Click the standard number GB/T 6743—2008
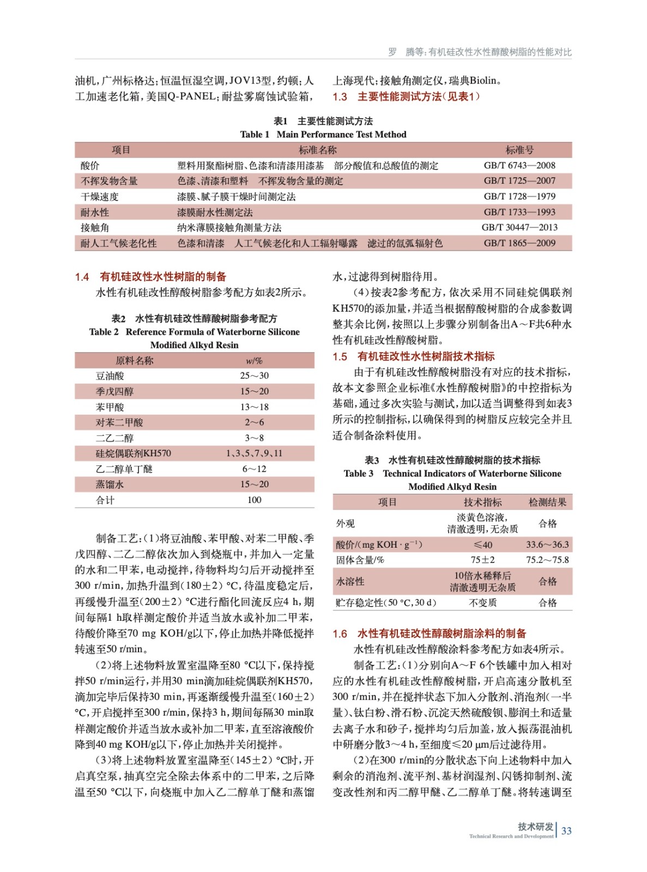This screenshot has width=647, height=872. point(519,166)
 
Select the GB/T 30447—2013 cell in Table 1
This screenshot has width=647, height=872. point(519,227)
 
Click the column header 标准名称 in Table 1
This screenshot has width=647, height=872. point(317,150)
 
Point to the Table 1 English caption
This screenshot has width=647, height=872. point(323,135)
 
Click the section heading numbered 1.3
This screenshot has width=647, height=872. point(406,97)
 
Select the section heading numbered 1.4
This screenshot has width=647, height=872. point(150,277)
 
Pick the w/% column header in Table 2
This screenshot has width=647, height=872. point(254,361)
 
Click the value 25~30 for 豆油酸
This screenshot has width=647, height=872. point(254,376)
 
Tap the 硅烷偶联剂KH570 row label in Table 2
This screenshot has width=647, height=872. point(133,453)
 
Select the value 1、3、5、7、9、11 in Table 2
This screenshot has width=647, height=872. point(254,453)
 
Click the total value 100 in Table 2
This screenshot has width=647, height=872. point(254,500)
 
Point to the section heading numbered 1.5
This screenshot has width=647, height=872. point(414,356)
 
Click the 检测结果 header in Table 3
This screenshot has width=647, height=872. point(547,502)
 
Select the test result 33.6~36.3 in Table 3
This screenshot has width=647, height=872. point(547,544)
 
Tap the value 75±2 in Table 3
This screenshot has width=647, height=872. point(482,560)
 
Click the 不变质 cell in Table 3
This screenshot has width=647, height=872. point(482,603)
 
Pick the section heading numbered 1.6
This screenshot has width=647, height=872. point(430,634)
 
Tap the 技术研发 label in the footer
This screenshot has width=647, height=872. point(535,827)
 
